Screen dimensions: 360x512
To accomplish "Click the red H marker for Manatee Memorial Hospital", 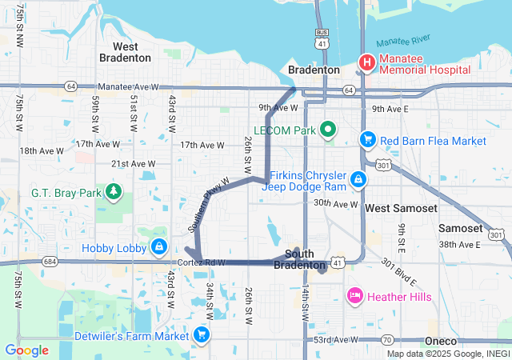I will tap(366, 62).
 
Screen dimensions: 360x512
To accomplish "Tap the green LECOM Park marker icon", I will tap(327, 130).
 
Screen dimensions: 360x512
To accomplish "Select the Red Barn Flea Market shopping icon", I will tap(367, 140).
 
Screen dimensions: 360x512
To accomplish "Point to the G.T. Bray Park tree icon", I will tap(114, 192).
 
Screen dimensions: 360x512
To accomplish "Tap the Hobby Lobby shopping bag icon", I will tap(160, 246).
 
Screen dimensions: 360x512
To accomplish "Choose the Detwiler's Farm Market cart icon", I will tap(202, 334).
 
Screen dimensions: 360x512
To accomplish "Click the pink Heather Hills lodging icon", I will tap(354, 297).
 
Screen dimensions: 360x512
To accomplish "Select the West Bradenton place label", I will tap(125, 52).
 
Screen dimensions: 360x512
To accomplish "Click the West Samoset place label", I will tap(401, 208).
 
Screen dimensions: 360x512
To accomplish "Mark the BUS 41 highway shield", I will tap(322, 38).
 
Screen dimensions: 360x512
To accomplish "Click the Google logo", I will tap(26, 350).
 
